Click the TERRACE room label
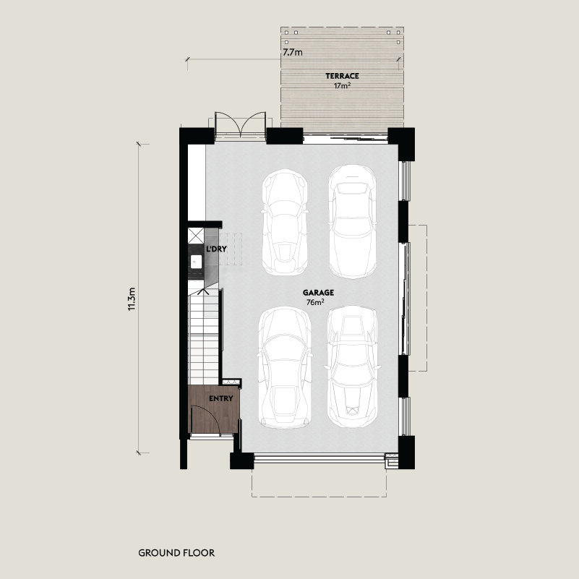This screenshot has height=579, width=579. click(x=342, y=76)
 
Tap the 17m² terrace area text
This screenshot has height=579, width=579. click(x=342, y=86)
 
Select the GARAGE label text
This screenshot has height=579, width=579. click(x=318, y=293)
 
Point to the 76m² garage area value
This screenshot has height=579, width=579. click(x=315, y=302)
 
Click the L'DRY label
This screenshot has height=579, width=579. click(x=216, y=249)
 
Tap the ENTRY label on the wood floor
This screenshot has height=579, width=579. click(x=220, y=398)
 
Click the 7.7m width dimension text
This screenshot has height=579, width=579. click(x=293, y=53)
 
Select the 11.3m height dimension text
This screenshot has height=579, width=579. click(x=132, y=299)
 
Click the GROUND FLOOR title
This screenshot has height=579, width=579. click(x=176, y=553)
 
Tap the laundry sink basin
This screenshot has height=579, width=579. click(x=196, y=262)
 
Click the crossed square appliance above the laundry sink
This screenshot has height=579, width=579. click(x=196, y=236)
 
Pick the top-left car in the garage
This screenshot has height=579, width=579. click(x=285, y=223)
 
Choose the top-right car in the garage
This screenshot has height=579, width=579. click(x=352, y=222)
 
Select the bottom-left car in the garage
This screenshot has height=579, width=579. click(x=285, y=368)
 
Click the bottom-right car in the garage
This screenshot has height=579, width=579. click(x=352, y=366)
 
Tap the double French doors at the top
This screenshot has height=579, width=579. click(x=241, y=125)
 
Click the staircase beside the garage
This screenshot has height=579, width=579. click(x=204, y=336)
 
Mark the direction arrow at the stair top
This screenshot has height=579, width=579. click(x=202, y=292)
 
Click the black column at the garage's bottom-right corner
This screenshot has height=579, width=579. click(x=406, y=453)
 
